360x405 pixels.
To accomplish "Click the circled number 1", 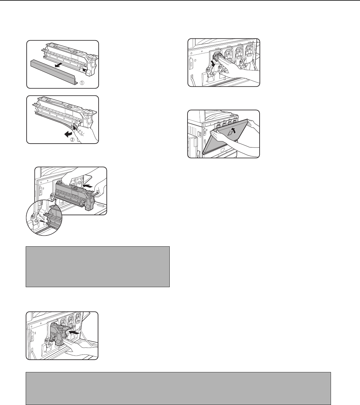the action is click(82, 83).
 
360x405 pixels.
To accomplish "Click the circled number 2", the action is click(72, 140).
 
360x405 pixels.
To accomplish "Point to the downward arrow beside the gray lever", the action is click(214, 64).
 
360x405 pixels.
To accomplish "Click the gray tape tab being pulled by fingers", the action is click(75, 126).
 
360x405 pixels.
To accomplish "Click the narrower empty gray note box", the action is click(98, 267).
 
